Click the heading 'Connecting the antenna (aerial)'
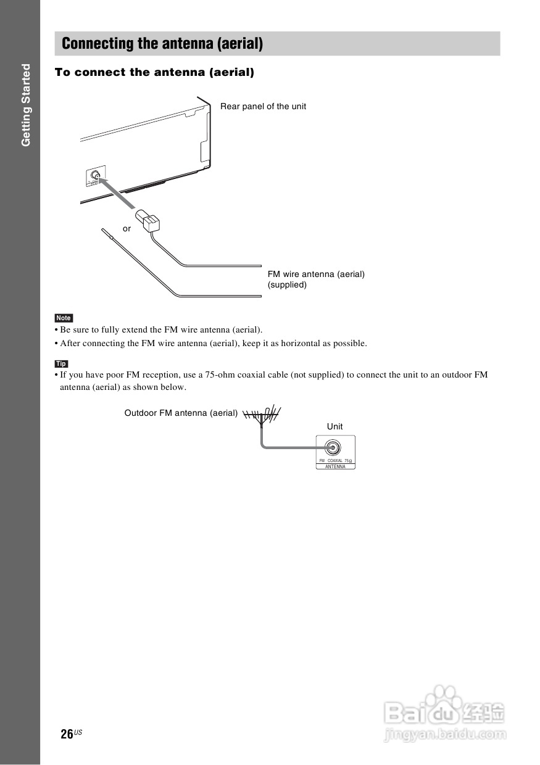(162, 44)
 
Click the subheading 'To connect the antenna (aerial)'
(154, 72)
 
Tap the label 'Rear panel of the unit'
(263, 106)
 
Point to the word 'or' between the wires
(127, 228)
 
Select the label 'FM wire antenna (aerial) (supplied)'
(316, 279)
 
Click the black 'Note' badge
(64, 318)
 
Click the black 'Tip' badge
(61, 364)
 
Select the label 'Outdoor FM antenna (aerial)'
(181, 413)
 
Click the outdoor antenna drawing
(263, 415)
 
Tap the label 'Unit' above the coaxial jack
(334, 426)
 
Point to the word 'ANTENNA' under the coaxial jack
(335, 466)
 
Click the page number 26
(67, 734)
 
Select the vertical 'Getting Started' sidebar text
(26, 105)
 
